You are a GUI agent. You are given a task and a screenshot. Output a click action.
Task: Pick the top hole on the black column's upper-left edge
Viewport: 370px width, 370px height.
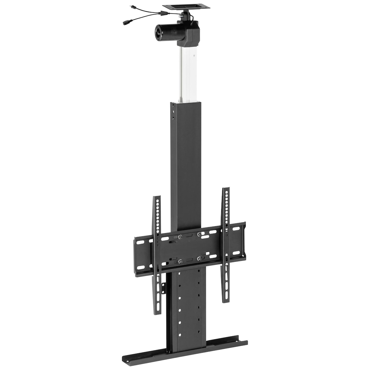173,107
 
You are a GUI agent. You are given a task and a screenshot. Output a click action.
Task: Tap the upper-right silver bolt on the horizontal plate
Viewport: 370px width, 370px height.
199,234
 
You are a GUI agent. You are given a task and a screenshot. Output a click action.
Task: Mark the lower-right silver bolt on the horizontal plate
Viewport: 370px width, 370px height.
199,259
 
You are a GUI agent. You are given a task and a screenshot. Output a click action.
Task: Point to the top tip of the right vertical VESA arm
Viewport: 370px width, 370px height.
226,190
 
